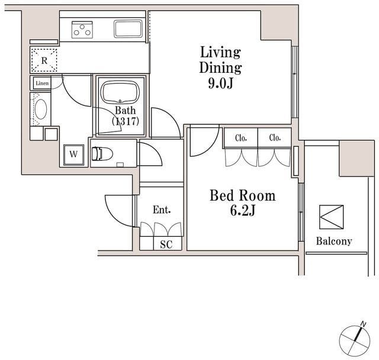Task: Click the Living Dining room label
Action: pos(220,60)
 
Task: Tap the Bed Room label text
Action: pos(242,195)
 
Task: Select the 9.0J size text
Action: pos(220,83)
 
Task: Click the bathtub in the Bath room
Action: pos(120,93)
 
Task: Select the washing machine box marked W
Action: pos(73,154)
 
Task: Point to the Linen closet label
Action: pos(41,83)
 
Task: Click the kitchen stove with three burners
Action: pos(83,29)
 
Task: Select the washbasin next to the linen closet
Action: pos(41,110)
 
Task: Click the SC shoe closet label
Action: pos(166,244)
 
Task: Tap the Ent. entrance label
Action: pos(162,210)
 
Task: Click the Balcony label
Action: pos(333,241)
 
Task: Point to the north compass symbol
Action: pos(355,339)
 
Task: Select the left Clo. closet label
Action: pos(241,138)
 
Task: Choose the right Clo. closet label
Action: pos(274,138)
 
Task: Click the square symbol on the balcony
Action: pos(331,217)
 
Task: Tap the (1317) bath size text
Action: pos(125,121)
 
